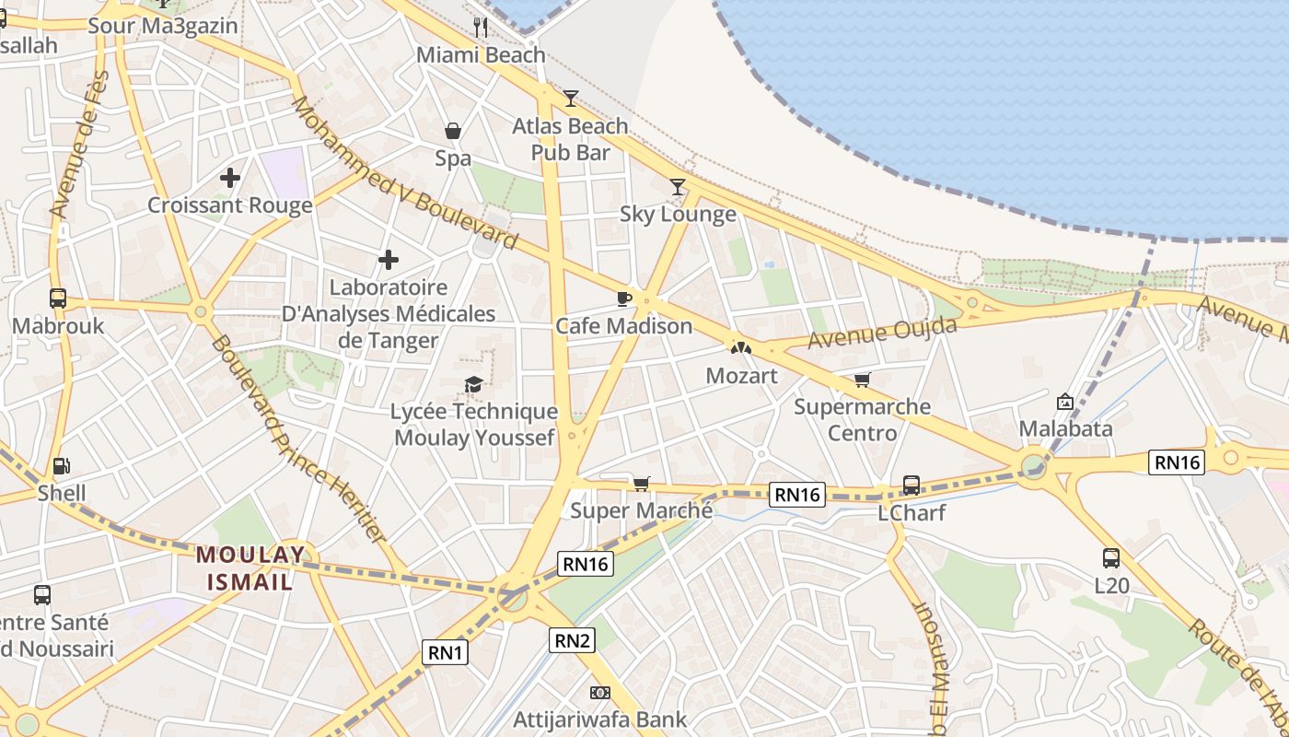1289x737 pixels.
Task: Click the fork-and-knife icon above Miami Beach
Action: point(481,27)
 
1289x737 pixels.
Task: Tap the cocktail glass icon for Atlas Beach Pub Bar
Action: point(571,98)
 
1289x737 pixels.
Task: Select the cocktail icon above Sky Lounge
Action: point(678,187)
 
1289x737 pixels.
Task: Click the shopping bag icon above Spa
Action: point(453,131)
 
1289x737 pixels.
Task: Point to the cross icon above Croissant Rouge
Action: point(230,177)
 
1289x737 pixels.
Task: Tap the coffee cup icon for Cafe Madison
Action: point(623,298)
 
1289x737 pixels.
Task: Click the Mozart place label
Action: point(741,376)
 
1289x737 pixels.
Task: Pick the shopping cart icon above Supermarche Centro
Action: point(862,380)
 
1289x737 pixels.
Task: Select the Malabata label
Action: point(1065,428)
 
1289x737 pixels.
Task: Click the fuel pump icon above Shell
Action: point(62,466)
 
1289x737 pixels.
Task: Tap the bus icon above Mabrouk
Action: point(58,298)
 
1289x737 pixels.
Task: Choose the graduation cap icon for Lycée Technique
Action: point(474,384)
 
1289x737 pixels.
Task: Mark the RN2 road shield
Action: point(573,640)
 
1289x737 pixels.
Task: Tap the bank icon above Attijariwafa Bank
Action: point(599,693)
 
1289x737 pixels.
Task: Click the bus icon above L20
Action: point(1111,558)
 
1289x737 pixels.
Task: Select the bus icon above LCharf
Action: point(912,485)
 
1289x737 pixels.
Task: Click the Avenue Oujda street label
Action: point(882,333)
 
